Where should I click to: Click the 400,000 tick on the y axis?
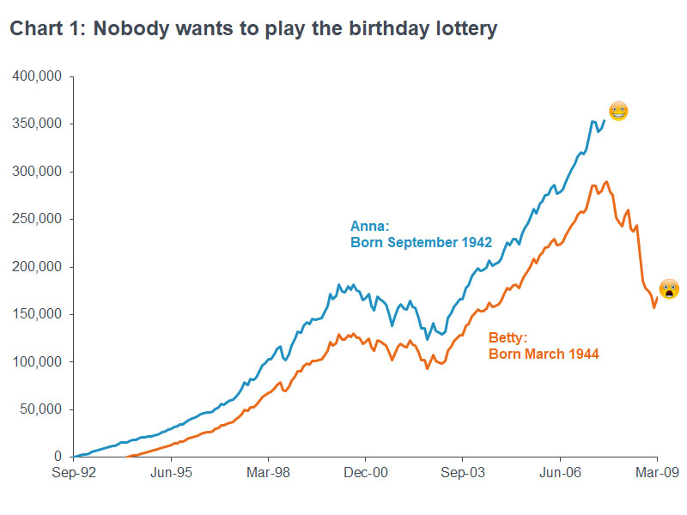pyautogui.click(x=37, y=76)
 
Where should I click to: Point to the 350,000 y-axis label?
pyautogui.click(x=37, y=124)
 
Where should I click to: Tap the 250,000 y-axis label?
pyautogui.click(x=37, y=219)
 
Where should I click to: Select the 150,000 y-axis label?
pyautogui.click(x=37, y=314)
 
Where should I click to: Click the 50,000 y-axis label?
pyautogui.click(x=40, y=409)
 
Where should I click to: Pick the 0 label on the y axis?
pyautogui.click(x=57, y=457)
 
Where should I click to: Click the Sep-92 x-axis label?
pyautogui.click(x=73, y=471)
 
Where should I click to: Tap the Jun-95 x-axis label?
pyautogui.click(x=170, y=471)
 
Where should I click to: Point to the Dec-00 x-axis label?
pyautogui.click(x=365, y=471)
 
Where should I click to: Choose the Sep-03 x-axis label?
pyautogui.click(x=463, y=471)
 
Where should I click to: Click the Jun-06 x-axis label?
pyautogui.click(x=560, y=471)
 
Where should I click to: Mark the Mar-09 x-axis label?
pyautogui.click(x=657, y=471)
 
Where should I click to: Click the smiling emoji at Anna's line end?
pyautogui.click(x=618, y=111)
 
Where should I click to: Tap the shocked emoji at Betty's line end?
pyautogui.click(x=669, y=289)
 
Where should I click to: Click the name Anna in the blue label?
pyautogui.click(x=369, y=227)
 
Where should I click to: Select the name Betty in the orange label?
pyautogui.click(x=508, y=337)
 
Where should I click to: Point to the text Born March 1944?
pyautogui.click(x=544, y=353)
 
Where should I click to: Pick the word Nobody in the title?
pyautogui.click(x=127, y=29)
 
